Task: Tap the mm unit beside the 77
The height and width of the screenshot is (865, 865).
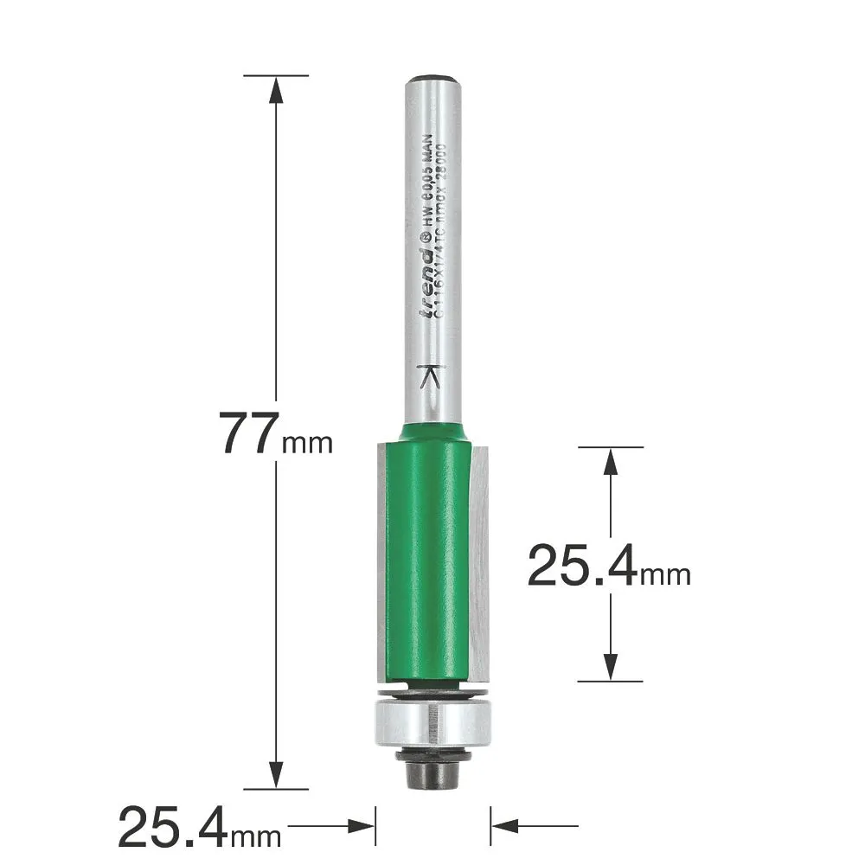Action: coord(307,445)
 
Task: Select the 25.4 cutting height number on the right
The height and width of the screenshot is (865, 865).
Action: coord(582,567)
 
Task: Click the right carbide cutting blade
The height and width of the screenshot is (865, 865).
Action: coord(481,562)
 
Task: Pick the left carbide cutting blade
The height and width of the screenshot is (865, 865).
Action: coord(381,562)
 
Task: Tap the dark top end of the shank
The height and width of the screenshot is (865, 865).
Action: coord(431,80)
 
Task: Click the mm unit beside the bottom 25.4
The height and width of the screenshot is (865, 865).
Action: coord(256,836)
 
